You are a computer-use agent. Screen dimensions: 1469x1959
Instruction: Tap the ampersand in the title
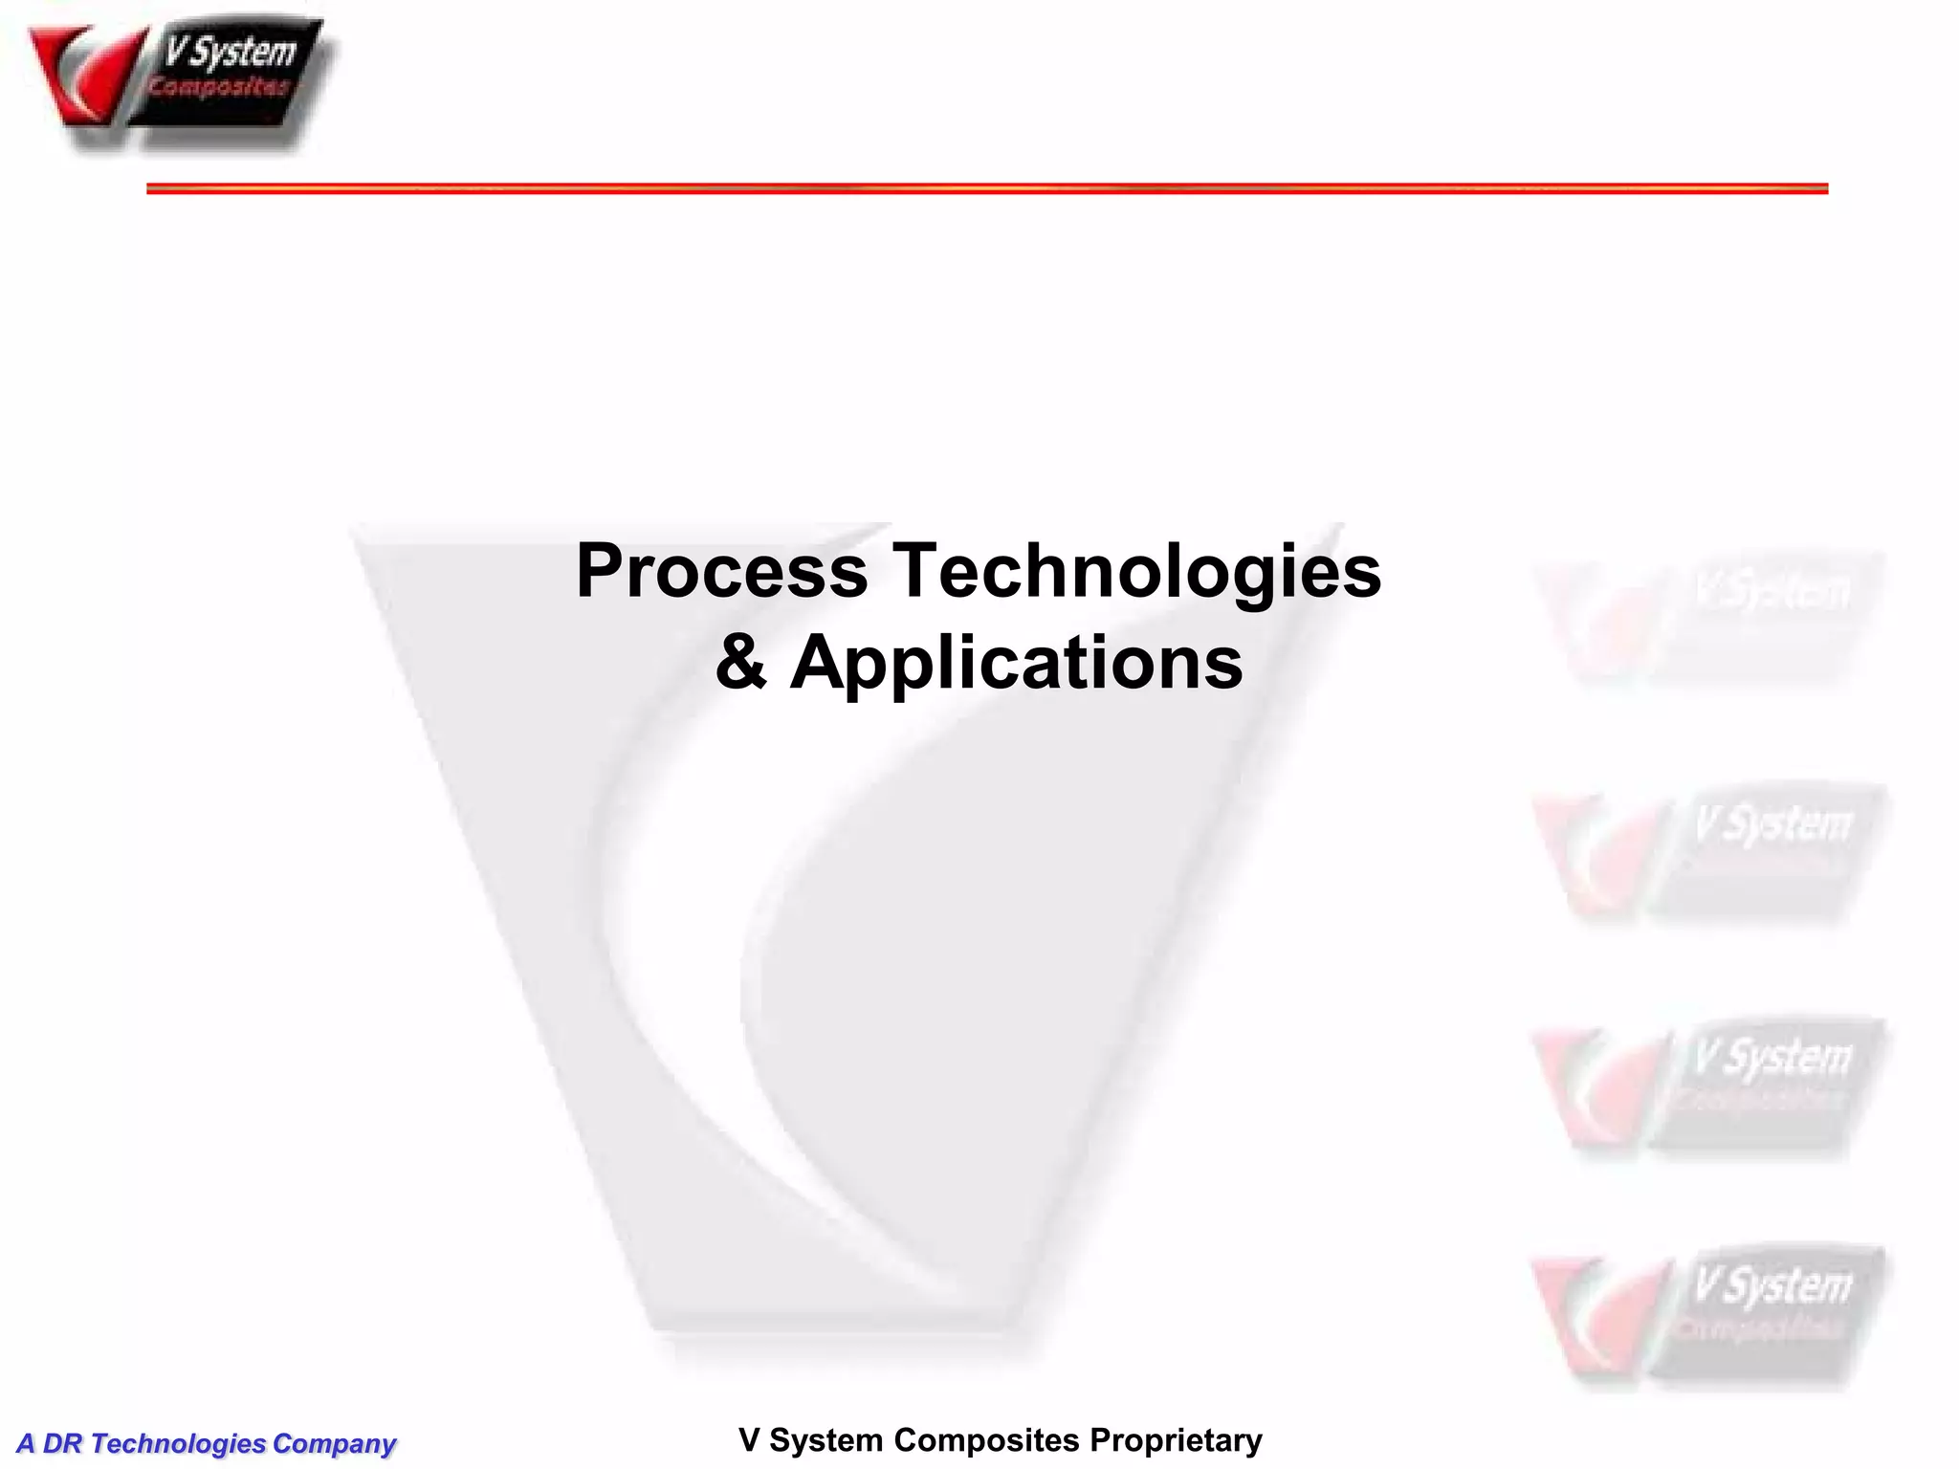point(741,662)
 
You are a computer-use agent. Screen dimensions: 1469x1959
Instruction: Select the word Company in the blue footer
point(334,1443)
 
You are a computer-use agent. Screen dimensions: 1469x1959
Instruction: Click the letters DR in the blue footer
point(63,1443)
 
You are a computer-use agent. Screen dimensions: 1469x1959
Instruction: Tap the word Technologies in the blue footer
point(178,1443)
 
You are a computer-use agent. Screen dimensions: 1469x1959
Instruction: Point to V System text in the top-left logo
point(231,53)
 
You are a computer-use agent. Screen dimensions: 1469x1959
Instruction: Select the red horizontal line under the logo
point(986,188)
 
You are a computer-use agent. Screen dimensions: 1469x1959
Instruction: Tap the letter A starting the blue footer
point(26,1443)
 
